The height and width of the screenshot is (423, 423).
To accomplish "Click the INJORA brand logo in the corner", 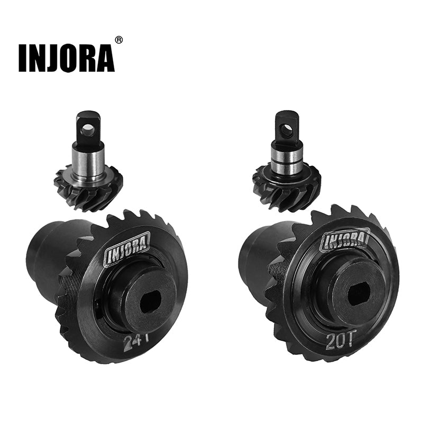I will (66, 58).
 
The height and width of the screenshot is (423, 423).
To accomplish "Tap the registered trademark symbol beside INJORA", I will (119, 40).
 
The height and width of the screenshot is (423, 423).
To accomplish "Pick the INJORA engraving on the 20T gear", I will (344, 240).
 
